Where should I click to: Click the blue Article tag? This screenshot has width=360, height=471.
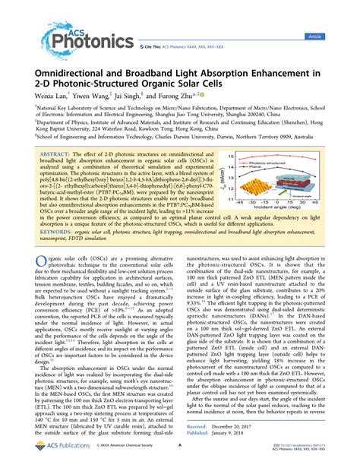(x=335, y=36)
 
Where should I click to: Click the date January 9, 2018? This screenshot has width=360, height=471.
(x=244, y=435)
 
